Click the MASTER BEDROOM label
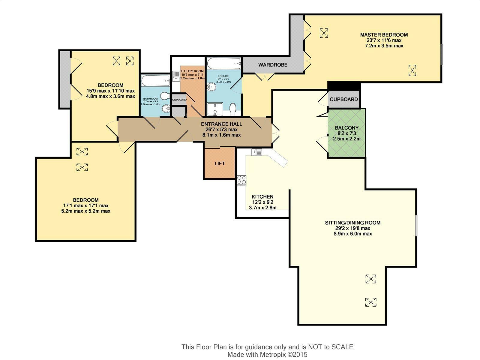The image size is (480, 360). click(x=384, y=35)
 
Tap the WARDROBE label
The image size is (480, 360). click(x=273, y=65)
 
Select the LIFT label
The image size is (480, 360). click(x=220, y=163)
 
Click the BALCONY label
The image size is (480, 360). click(x=346, y=128)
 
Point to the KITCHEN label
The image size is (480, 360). click(x=262, y=197)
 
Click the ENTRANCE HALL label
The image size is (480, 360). click(x=221, y=124)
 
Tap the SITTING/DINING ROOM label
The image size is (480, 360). click(x=353, y=223)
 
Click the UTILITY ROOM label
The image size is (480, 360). click(x=192, y=71)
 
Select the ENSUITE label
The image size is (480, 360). click(x=223, y=76)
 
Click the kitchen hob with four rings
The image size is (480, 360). click(x=241, y=181)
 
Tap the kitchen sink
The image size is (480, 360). click(x=257, y=152)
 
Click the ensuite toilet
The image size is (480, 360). click(x=233, y=109)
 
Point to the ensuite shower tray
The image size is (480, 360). click(x=215, y=109)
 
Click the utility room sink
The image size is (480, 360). click(x=176, y=76)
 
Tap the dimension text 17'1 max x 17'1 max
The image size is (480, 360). click(x=86, y=206)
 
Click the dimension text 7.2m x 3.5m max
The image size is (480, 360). click(x=384, y=46)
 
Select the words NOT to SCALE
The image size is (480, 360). click(x=330, y=347)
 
